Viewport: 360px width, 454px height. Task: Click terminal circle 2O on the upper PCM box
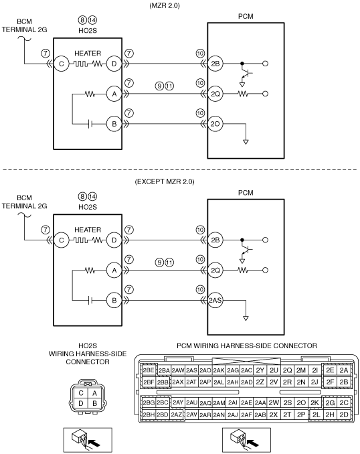pyautogui.click(x=215, y=124)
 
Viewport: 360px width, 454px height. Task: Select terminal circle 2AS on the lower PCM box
pyautogui.click(x=215, y=301)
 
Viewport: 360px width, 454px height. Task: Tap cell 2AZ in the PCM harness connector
pyautogui.click(x=177, y=414)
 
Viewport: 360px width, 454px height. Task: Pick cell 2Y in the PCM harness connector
pyautogui.click(x=260, y=370)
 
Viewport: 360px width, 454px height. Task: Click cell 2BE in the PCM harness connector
pyautogui.click(x=149, y=370)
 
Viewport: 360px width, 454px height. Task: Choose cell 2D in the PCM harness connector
pyautogui.click(x=344, y=414)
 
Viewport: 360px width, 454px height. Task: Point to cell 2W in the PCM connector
pyautogui.click(x=274, y=402)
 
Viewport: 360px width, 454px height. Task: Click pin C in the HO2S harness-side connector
pyautogui.click(x=81, y=393)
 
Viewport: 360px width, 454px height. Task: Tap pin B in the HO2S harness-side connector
pyautogui.click(x=94, y=403)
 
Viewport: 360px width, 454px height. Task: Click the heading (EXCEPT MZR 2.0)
pyautogui.click(x=165, y=182)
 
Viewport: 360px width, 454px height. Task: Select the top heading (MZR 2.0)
pyautogui.click(x=165, y=5)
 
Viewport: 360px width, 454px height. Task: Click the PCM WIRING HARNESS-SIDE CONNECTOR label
pyautogui.click(x=247, y=346)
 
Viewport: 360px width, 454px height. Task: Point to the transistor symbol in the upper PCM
pyautogui.click(x=246, y=74)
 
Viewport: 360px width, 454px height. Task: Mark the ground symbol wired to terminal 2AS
pyautogui.click(x=246, y=319)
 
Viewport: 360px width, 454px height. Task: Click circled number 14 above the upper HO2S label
pyautogui.click(x=92, y=20)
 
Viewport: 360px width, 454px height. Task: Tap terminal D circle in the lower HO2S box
pyautogui.click(x=114, y=240)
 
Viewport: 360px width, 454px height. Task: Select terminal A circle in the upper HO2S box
pyautogui.click(x=114, y=94)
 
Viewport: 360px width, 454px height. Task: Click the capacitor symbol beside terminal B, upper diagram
pyautogui.click(x=90, y=124)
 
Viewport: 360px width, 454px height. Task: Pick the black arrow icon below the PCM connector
pyautogui.click(x=253, y=443)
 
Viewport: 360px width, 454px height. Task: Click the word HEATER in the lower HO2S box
pyautogui.click(x=88, y=230)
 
